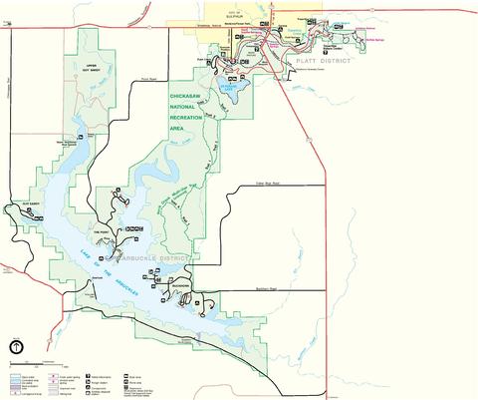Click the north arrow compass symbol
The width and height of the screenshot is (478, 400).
click(17, 348)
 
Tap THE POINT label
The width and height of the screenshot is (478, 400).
click(100, 231)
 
